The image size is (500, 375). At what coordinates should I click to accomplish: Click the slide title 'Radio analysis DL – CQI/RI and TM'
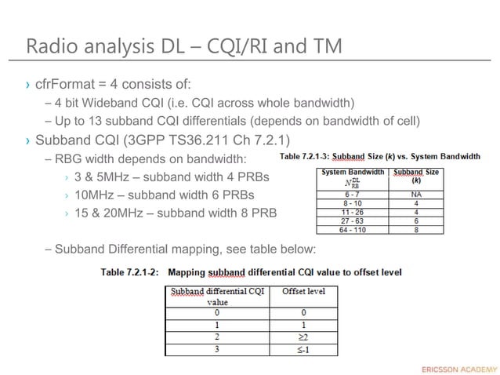pyautogui.click(x=184, y=46)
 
